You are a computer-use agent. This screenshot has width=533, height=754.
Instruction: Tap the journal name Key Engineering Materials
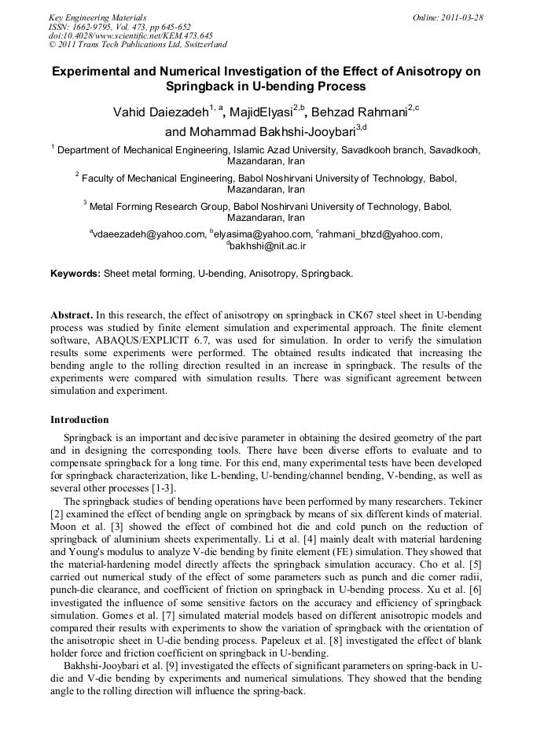coord(97,17)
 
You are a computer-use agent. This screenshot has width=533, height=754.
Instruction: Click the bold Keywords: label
coord(75,274)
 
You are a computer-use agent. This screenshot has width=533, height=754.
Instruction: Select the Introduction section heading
coord(79,419)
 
